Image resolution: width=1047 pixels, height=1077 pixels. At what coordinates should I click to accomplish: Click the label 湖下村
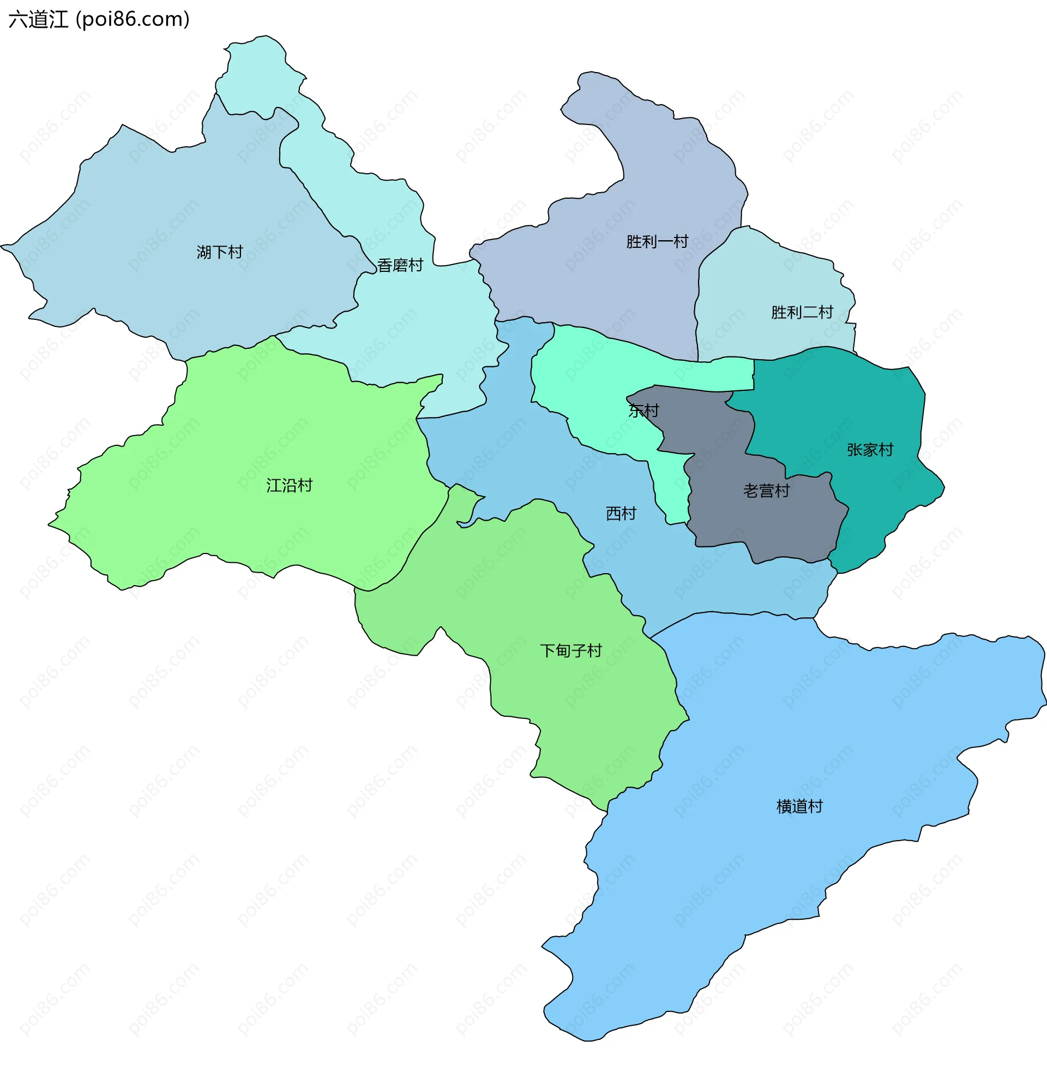coord(219,252)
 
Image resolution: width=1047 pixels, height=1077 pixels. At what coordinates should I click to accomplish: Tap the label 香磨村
coord(400,265)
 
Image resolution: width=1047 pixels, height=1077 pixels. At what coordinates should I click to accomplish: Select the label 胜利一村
coord(657,242)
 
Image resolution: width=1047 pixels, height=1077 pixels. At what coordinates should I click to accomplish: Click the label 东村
coord(643,410)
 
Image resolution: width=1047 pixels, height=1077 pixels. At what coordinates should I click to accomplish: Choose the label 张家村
coord(869,450)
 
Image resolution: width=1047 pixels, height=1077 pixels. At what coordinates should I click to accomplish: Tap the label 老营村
coord(766,490)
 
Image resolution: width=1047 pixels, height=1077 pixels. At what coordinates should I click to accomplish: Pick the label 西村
coord(621,513)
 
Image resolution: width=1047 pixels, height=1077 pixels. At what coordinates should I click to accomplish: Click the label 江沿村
coord(289,485)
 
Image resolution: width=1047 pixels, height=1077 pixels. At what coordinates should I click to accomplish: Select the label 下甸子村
coord(571,651)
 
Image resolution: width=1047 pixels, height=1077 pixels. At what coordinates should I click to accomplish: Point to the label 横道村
coord(799,806)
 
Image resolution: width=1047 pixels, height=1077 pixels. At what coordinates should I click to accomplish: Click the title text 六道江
coord(39,19)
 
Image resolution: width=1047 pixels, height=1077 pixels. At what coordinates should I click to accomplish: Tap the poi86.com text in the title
coord(133,19)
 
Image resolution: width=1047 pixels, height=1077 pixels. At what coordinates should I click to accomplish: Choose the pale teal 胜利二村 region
coord(770,275)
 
